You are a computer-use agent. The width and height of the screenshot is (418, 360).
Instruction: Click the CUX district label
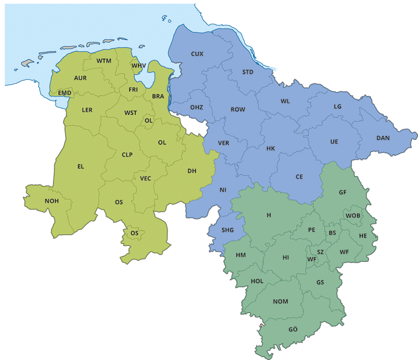coord(197,54)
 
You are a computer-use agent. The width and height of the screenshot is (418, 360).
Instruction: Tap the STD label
coord(248,72)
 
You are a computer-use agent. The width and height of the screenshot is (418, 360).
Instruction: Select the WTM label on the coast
coord(104,61)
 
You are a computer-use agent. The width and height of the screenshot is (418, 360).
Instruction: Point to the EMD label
coord(65,93)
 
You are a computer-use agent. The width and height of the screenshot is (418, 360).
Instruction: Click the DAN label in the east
coord(383,138)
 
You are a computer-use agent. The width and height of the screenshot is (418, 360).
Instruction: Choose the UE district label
coord(334,142)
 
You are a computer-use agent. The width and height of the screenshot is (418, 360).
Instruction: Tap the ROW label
coord(238,110)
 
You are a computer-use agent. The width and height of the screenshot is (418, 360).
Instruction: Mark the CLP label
coord(127,155)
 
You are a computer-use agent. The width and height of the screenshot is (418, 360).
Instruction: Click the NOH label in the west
coord(52,201)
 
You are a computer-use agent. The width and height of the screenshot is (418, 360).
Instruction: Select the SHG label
coord(228,230)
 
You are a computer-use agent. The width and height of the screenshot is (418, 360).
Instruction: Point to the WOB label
coord(353,215)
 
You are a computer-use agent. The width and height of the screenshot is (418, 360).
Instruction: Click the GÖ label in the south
coord(293,329)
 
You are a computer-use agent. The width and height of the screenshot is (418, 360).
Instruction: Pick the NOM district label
coord(281,301)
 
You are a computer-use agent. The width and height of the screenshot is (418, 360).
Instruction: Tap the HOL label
coord(257,281)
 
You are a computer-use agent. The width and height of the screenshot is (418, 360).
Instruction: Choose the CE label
coord(299,177)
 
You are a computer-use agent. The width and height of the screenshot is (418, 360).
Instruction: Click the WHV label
coord(139,66)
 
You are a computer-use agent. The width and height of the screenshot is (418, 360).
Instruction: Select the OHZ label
coord(196,107)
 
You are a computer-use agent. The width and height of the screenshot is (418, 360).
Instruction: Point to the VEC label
coord(145,179)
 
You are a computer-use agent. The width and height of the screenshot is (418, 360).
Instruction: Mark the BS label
coord(332,233)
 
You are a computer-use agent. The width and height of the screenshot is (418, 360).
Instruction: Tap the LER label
coord(87,110)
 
